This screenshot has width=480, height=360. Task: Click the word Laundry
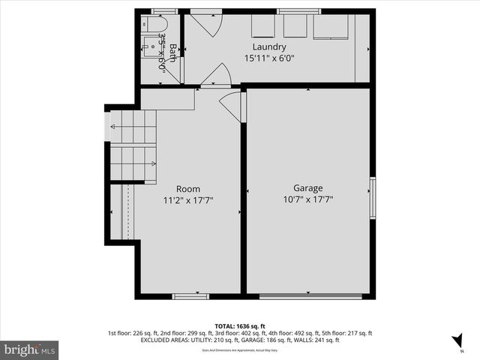[x=269, y=46]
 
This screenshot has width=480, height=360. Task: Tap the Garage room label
[x=307, y=188]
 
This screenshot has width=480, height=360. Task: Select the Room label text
[x=188, y=188]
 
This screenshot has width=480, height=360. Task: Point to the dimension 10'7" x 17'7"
[x=307, y=199]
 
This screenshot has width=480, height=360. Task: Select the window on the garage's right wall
[x=372, y=198]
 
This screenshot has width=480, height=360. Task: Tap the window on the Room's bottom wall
[x=190, y=296]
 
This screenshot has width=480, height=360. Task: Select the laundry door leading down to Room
[x=216, y=76]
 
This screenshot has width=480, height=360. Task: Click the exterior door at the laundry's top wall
[x=204, y=24]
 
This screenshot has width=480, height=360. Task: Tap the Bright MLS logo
[x=30, y=349]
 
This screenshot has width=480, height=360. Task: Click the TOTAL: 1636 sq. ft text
[x=241, y=326]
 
